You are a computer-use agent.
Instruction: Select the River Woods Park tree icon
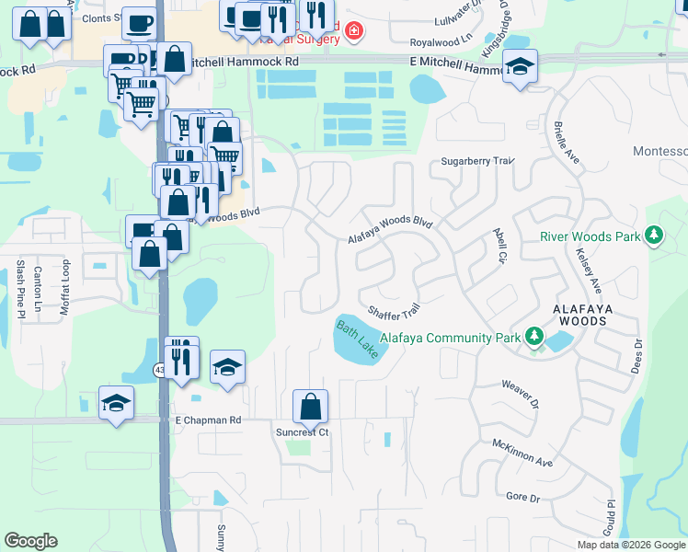(x=654, y=236)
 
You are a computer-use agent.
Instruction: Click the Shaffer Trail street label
(x=394, y=312)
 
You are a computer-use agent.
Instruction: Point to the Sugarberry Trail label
(x=476, y=161)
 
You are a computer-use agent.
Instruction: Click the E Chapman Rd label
(x=208, y=420)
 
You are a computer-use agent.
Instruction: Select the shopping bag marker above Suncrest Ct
(x=311, y=406)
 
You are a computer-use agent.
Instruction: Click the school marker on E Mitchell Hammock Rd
(x=521, y=67)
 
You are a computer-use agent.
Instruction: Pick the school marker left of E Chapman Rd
(x=117, y=403)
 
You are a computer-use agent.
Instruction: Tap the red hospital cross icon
(x=354, y=33)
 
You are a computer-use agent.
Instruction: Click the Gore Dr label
(x=522, y=498)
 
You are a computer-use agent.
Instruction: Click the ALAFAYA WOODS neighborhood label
(x=579, y=315)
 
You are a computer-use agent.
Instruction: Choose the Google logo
(x=31, y=541)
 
